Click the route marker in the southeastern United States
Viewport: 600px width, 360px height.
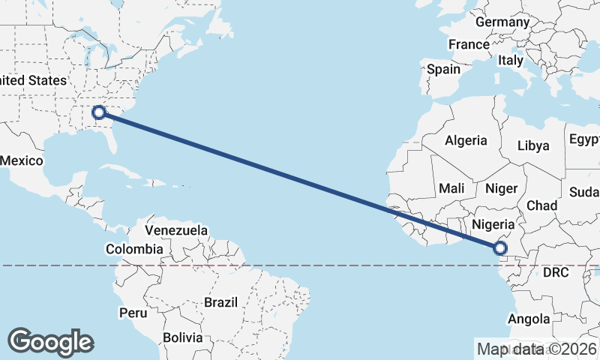click(x=98, y=113)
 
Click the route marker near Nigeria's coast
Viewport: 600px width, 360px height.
click(x=500, y=248)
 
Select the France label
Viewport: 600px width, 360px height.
click(x=469, y=45)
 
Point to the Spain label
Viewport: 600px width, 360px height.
click(x=443, y=69)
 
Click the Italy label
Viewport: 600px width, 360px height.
click(x=511, y=60)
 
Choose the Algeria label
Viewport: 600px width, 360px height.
click(x=466, y=140)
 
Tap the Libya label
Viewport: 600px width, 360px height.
click(x=533, y=145)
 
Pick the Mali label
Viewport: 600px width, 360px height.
click(x=457, y=187)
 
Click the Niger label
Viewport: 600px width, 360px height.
click(x=501, y=188)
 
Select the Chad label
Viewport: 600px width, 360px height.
click(x=541, y=205)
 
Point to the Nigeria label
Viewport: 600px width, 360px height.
click(x=493, y=223)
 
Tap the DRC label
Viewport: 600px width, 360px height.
click(x=556, y=272)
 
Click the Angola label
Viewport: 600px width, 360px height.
click(x=529, y=319)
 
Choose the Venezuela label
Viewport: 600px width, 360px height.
click(x=176, y=229)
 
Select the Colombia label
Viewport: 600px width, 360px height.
click(x=134, y=249)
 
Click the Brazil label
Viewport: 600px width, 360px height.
click(x=220, y=303)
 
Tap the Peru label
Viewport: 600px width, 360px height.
click(x=132, y=311)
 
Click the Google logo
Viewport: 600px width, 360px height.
click(x=50, y=342)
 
